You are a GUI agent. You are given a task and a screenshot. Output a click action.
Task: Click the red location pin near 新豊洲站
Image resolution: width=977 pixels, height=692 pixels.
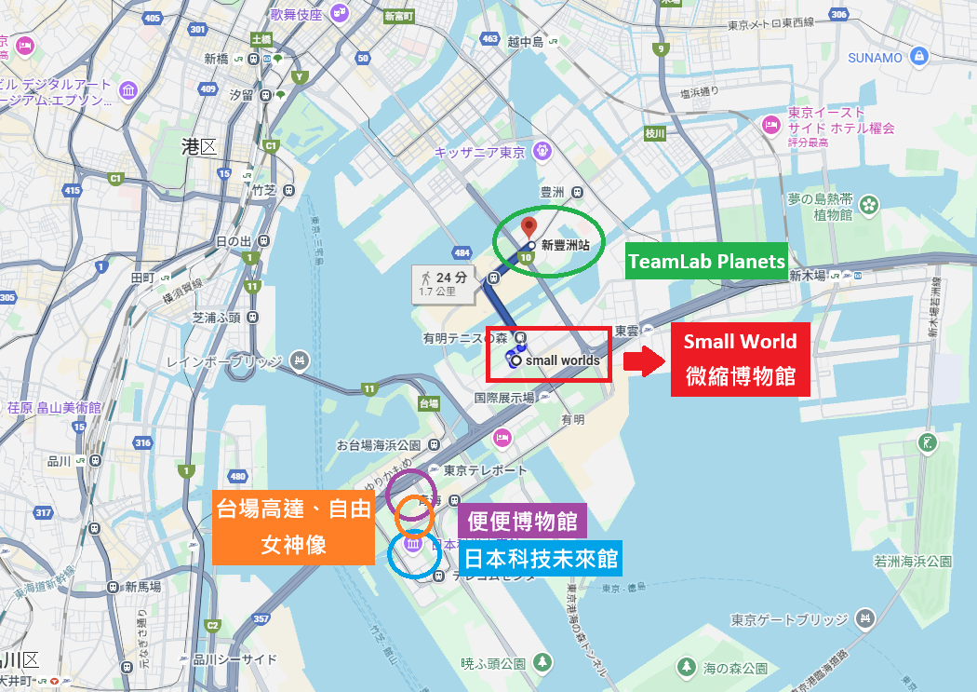pos(529,227)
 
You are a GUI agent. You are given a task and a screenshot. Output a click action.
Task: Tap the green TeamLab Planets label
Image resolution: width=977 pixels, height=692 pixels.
pos(706,262)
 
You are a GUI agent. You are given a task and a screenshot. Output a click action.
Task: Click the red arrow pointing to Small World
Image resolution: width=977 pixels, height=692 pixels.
pos(641,360)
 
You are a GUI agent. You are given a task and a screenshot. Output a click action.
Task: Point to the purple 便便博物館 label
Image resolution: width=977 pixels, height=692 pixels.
pos(522,521)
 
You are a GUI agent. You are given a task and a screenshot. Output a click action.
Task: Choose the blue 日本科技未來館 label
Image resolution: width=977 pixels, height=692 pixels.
pos(540,559)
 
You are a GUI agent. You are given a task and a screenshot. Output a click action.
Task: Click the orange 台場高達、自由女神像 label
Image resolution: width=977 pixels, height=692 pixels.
pos(293,527)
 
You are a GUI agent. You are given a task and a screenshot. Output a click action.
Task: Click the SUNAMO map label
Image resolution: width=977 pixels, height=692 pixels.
pos(875,57)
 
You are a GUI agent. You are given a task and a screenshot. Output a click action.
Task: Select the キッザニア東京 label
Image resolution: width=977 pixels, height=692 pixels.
pos(481,151)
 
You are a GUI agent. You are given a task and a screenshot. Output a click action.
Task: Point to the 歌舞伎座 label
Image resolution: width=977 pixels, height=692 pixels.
pos(296,14)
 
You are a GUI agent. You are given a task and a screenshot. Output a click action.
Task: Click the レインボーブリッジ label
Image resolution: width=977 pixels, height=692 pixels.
pos(239,360)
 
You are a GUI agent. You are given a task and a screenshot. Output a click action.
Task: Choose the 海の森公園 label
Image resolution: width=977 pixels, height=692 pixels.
pos(735,668)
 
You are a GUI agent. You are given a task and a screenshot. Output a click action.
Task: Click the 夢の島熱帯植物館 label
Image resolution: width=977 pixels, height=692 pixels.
pos(820,207)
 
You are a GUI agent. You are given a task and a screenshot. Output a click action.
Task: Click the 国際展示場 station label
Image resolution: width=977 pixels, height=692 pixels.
pos(504,398)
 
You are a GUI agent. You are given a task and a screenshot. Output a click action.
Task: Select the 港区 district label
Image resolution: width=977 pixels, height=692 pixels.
pos(198,146)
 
